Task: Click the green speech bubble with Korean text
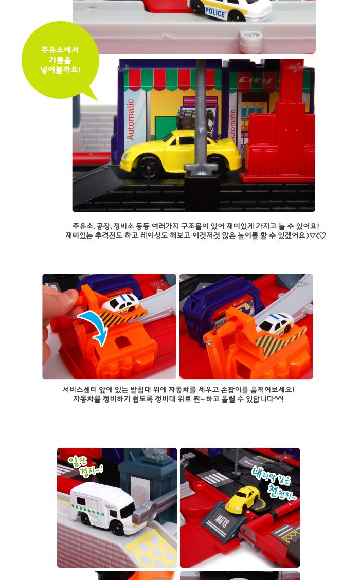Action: (x=60, y=60)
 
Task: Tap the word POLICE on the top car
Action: (x=215, y=13)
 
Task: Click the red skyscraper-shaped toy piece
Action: (x=280, y=139)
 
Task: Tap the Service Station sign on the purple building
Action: (x=231, y=300)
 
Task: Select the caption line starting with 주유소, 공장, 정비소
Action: (x=195, y=226)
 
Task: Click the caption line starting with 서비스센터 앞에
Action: (x=178, y=390)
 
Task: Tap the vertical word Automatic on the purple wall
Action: (x=131, y=119)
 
